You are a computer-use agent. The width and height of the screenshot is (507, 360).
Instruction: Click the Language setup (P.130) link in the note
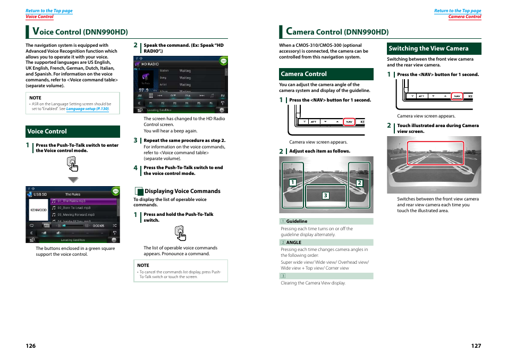(x=87, y=109)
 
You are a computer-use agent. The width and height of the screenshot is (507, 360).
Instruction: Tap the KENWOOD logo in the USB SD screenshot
(x=38, y=210)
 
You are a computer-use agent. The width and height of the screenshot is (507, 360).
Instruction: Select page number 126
(x=31, y=346)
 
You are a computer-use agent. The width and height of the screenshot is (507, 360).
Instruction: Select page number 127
(x=476, y=346)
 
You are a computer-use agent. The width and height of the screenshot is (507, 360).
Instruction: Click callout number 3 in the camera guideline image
(x=326, y=196)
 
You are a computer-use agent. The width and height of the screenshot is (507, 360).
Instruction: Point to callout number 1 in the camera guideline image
(x=292, y=182)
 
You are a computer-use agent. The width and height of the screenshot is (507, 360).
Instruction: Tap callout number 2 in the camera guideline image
(x=359, y=182)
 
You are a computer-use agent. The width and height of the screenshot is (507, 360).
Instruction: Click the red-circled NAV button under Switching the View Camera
(x=457, y=96)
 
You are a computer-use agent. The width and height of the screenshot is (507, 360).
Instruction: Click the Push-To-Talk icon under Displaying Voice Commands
(x=181, y=233)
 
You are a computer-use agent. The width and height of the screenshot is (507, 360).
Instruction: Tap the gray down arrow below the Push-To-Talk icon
(x=73, y=179)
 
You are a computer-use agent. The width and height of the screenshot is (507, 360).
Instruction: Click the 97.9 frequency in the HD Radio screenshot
(x=143, y=90)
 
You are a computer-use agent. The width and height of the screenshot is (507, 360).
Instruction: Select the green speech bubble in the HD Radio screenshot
(x=223, y=61)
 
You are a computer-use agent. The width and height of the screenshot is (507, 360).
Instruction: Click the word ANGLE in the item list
(x=294, y=242)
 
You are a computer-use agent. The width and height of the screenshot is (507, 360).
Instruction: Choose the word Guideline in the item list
(x=297, y=221)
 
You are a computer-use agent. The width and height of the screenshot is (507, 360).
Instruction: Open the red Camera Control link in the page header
(x=464, y=16)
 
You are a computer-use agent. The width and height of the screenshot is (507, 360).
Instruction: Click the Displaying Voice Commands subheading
(x=182, y=191)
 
